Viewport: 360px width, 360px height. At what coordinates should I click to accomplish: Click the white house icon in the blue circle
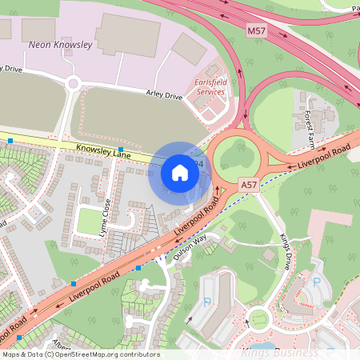pyautogui.click(x=180, y=172)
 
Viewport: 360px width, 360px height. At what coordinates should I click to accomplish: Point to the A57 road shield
pyautogui.click(x=249, y=185)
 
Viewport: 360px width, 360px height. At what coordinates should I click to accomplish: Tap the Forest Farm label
pyautogui.click(x=310, y=128)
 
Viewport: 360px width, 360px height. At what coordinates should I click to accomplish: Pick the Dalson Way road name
pyautogui.click(x=190, y=247)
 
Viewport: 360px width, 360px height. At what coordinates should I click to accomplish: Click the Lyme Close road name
pyautogui.click(x=105, y=212)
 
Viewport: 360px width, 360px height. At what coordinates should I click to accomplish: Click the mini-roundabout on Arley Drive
pyautogui.click(x=73, y=82)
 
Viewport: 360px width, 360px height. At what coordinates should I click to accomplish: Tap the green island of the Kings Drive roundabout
pyautogui.click(x=259, y=321)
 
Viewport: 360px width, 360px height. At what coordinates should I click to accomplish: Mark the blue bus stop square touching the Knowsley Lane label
pyautogui.click(x=121, y=150)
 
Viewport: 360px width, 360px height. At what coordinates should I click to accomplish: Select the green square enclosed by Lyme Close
pyautogui.click(x=88, y=220)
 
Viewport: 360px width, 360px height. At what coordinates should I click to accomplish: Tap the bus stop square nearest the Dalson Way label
pyautogui.click(x=138, y=267)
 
